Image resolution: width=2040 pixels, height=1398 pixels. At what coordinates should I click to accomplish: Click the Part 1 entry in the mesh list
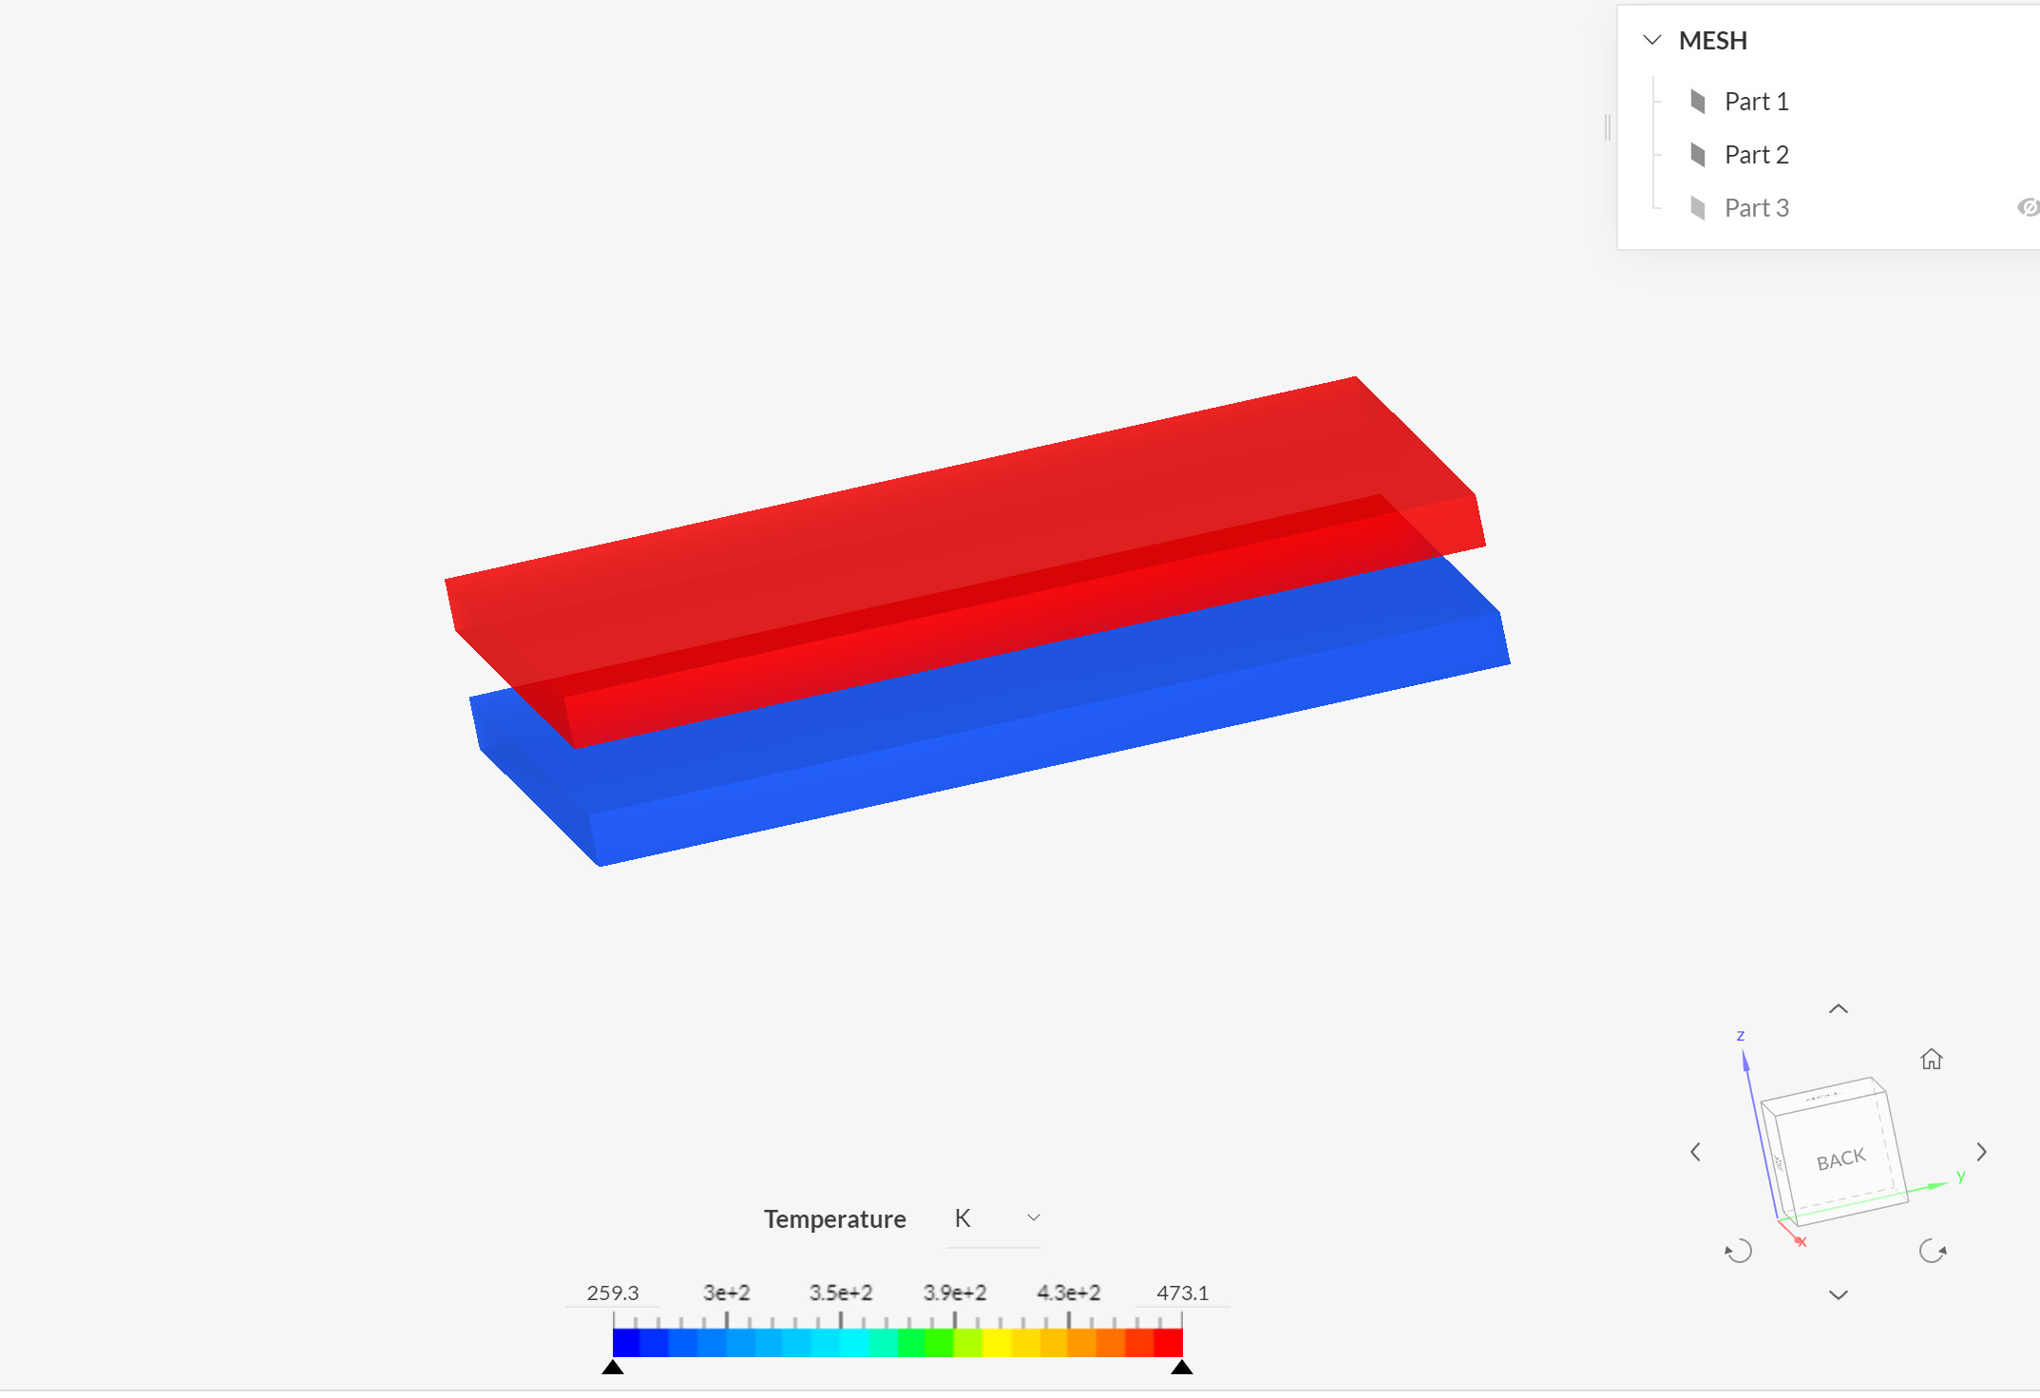click(1756, 102)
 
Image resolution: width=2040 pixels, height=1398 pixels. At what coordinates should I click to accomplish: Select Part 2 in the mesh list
click(1756, 155)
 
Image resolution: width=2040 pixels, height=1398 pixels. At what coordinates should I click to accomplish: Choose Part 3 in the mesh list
click(1756, 208)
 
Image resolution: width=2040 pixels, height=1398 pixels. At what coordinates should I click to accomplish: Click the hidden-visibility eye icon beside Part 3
click(2028, 207)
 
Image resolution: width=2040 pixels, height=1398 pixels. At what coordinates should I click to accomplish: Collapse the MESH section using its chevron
click(1652, 40)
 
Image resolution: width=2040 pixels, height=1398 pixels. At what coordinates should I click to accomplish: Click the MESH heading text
click(1712, 41)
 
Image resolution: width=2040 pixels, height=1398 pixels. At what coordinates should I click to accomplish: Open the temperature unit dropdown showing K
click(995, 1218)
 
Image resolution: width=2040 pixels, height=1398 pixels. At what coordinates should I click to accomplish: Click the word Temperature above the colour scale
click(834, 1219)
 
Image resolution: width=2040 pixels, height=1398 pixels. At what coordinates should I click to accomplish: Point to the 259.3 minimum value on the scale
click(613, 1293)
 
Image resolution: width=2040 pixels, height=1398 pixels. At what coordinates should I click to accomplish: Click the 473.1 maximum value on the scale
click(1182, 1293)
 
